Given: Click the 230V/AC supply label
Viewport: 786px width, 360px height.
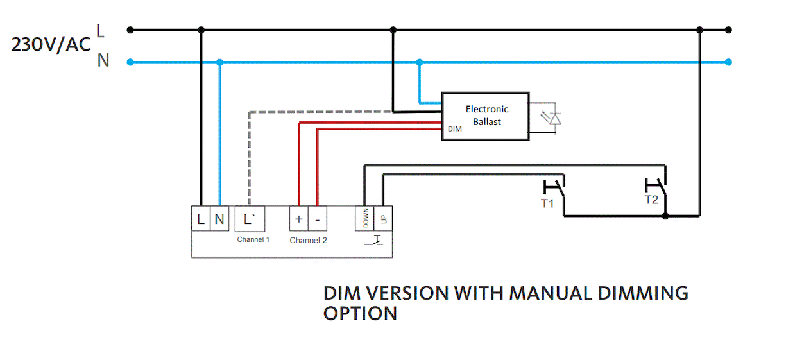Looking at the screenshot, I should point(51,45).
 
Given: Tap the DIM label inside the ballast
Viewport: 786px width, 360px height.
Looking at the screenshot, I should point(454,130).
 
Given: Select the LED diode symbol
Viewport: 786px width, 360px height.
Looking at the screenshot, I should point(552,117).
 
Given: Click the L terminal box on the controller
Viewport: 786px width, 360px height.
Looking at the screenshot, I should point(201,219).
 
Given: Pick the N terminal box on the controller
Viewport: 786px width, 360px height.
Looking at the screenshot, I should point(219,219).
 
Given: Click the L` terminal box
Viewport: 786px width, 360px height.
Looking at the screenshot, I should point(250,219).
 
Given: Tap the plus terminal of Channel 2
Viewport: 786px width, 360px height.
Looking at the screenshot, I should point(298,219).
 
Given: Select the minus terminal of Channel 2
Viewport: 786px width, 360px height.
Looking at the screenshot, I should point(318,219).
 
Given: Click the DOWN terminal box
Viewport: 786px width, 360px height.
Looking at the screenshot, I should point(365,219).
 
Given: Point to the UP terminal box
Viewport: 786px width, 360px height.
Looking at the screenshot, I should point(384,219).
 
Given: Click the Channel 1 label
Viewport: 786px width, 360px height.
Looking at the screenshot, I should point(253,239).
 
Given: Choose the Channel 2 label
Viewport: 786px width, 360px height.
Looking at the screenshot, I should point(308,241).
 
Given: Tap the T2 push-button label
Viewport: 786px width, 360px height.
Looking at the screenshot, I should point(651,200).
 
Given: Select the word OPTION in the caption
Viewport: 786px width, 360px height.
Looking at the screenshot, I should point(360,314).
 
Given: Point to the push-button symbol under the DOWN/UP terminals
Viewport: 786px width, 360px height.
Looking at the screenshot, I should point(374,241).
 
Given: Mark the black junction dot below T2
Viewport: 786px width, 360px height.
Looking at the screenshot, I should point(665,216).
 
